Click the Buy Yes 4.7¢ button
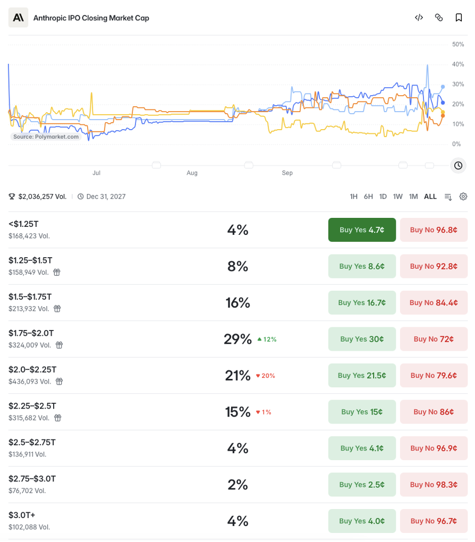click(x=362, y=230)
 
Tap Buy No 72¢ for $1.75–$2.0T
click(x=434, y=339)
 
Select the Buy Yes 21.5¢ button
click(x=362, y=375)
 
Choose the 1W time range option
click(x=397, y=197)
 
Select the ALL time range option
click(x=430, y=197)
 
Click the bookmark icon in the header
click(x=459, y=18)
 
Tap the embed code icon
click(x=419, y=18)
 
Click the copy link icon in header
click(x=439, y=18)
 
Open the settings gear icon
click(x=463, y=197)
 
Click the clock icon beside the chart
click(x=458, y=166)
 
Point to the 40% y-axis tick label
click(x=458, y=64)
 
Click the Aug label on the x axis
click(x=192, y=173)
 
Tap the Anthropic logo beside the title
click(x=18, y=18)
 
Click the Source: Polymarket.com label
click(x=46, y=137)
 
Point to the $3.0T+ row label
click(x=22, y=515)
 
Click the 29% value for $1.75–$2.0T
click(x=237, y=339)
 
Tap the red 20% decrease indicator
click(x=266, y=376)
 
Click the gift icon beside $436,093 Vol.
click(x=60, y=382)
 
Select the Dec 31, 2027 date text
click(x=106, y=197)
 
